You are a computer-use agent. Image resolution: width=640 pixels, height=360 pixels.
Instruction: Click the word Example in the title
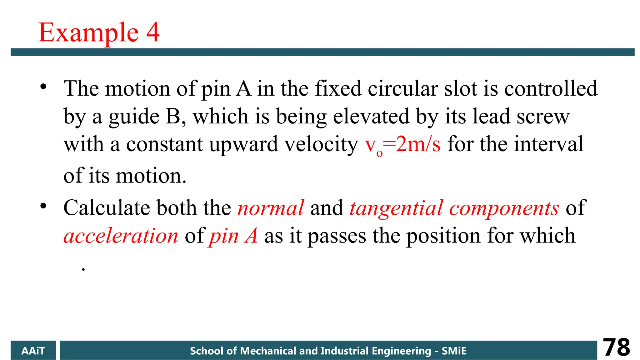[88, 32]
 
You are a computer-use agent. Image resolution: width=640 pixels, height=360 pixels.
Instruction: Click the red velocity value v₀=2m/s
[403, 145]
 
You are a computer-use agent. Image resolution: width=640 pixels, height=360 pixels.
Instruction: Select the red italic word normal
[271, 208]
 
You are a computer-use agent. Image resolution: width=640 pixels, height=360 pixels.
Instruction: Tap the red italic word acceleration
[121, 236]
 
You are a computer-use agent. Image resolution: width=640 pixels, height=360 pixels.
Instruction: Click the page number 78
[616, 347]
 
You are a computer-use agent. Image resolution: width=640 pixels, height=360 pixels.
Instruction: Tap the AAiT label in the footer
[33, 351]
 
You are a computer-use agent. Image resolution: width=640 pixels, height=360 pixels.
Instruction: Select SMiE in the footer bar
[454, 351]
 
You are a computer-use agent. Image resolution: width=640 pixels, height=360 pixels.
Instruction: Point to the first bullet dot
[43, 87]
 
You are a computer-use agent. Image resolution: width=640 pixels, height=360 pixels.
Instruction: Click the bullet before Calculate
[43, 206]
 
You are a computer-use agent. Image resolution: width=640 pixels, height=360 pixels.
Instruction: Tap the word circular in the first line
[402, 89]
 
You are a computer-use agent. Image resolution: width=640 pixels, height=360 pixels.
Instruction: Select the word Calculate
[107, 208]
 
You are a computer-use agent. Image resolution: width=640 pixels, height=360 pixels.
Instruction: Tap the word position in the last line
[443, 236]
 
